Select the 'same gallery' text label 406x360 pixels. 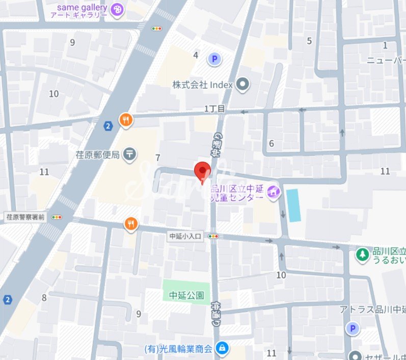coord(82,8)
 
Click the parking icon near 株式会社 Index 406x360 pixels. coord(214,60)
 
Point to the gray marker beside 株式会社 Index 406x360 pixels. coord(242,85)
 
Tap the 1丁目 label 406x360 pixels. coord(214,109)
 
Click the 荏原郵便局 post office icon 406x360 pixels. coord(130,153)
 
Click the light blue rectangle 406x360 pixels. coord(293,205)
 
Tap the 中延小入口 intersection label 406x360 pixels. coord(186,236)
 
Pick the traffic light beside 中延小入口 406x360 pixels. coord(213,236)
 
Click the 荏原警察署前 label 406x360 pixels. coord(25,217)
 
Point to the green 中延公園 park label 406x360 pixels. coord(186,295)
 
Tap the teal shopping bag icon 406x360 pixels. coord(222,349)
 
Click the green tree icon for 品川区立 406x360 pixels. coord(362,254)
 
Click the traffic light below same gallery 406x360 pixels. coord(156,29)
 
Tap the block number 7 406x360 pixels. coord(158,158)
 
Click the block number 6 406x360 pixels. coord(272,144)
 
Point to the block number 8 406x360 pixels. coord(45,298)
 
